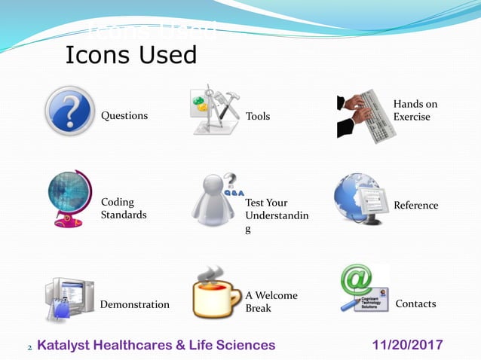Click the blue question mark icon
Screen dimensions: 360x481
click(x=70, y=111)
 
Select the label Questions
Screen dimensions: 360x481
click(x=124, y=116)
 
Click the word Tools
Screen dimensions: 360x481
click(x=258, y=116)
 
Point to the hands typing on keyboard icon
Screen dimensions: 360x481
click(x=366, y=114)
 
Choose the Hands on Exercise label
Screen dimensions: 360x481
click(x=415, y=111)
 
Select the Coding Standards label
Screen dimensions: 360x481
click(x=124, y=209)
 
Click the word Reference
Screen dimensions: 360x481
click(x=415, y=206)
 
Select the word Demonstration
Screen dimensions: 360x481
click(x=134, y=304)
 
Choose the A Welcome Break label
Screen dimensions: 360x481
click(x=271, y=302)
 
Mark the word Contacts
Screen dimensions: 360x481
click(x=415, y=304)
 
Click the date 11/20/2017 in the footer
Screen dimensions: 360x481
click(x=408, y=345)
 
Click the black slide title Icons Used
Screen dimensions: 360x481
click(x=131, y=55)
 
